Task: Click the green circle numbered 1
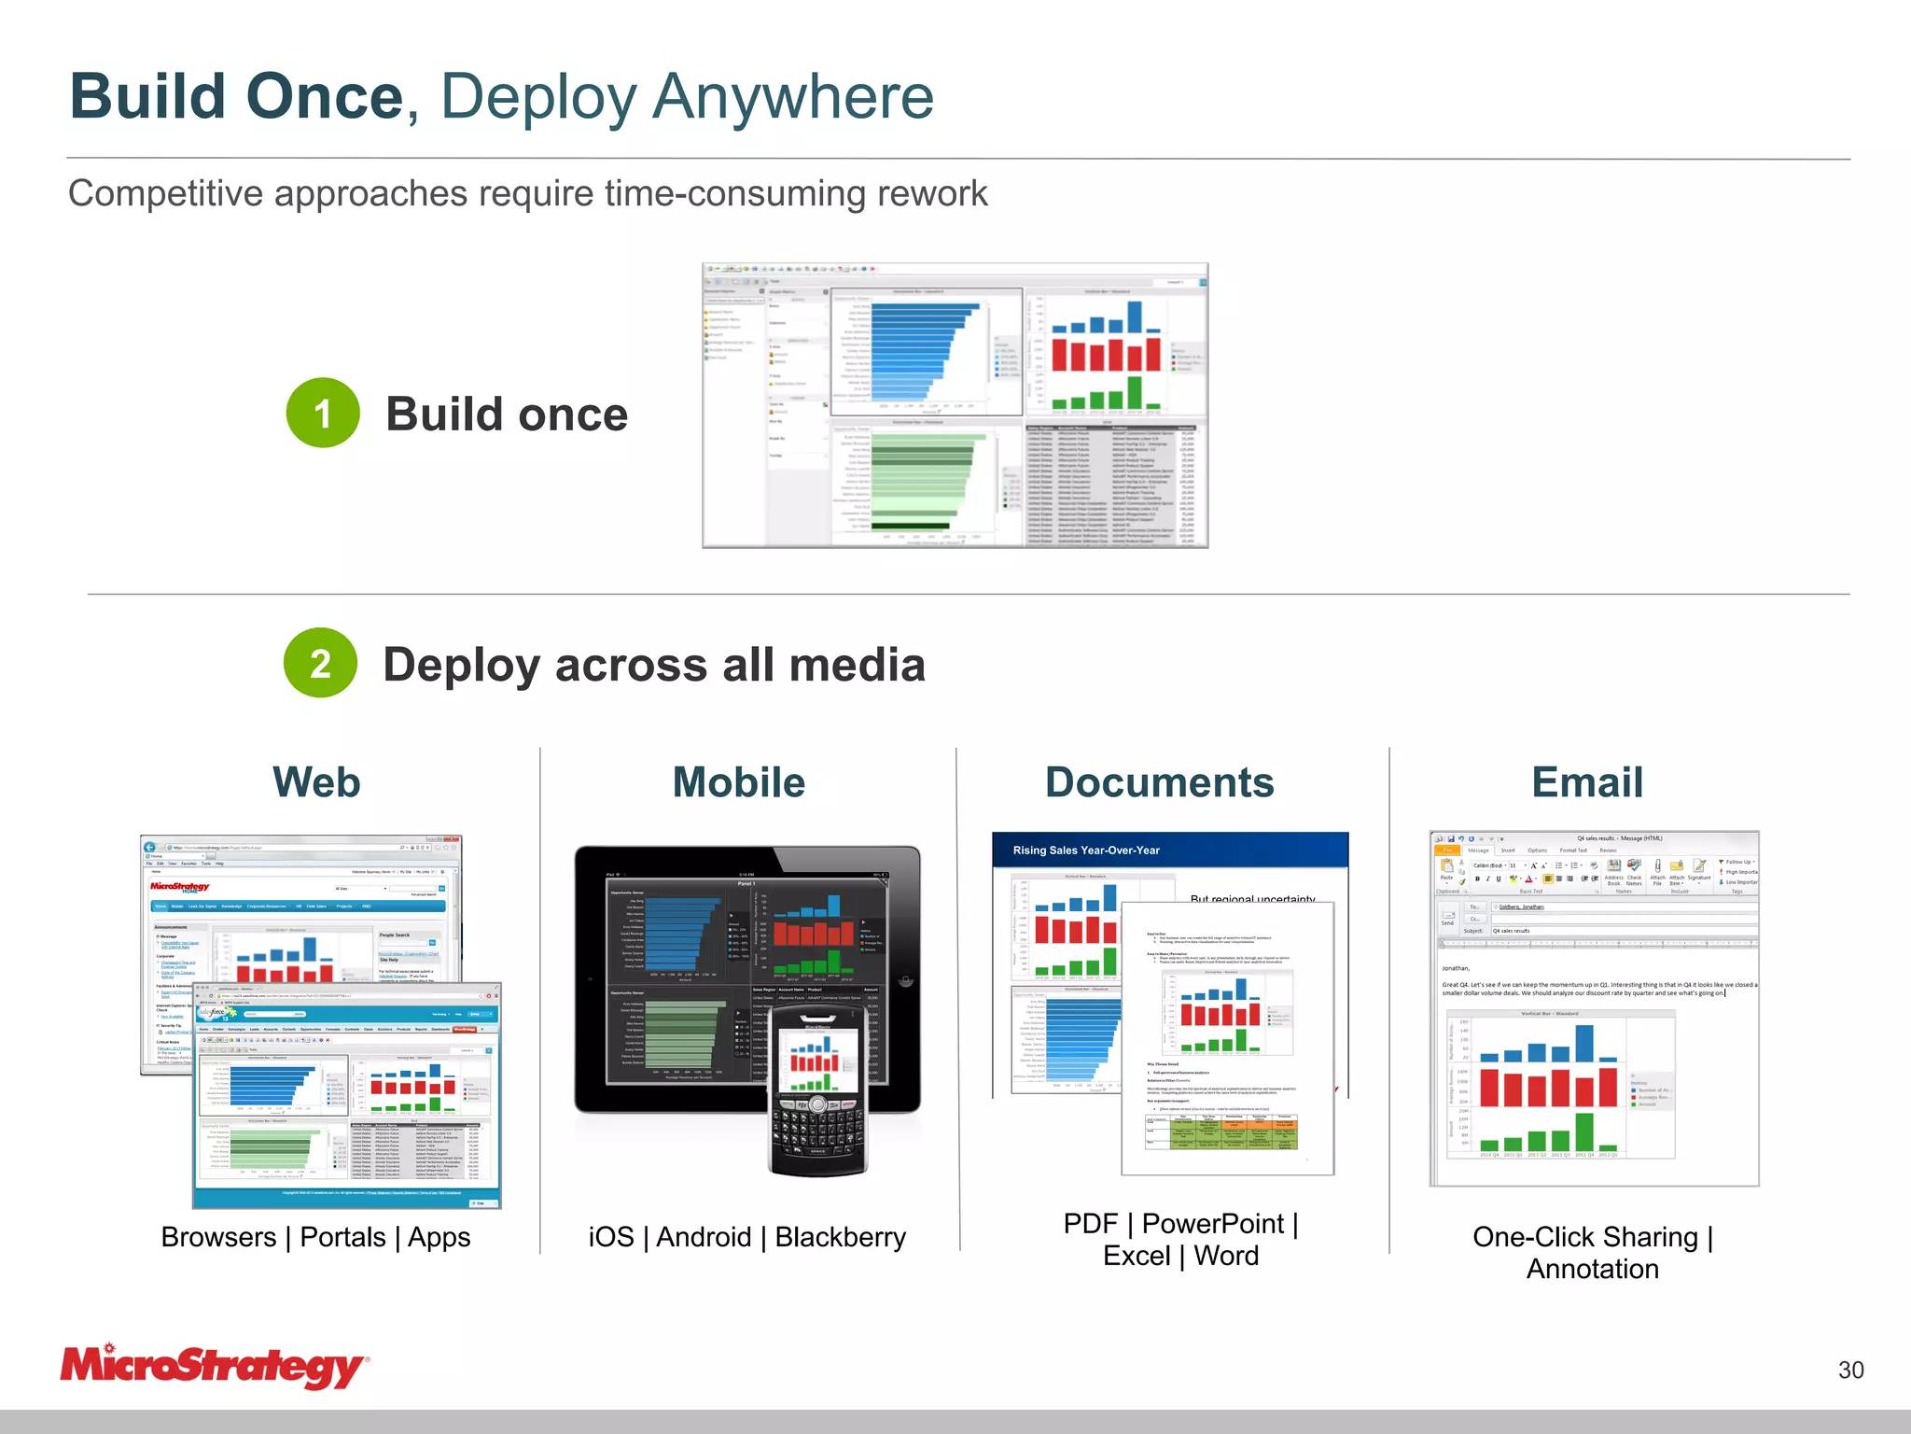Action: pos(323,413)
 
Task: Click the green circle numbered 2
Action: pos(320,663)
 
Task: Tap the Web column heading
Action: pos(316,782)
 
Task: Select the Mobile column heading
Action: pos(739,782)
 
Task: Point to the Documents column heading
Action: pos(1159,782)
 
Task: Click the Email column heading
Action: pos(1586,782)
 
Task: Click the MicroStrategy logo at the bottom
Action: pos(213,1367)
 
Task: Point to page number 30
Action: pos(1850,1370)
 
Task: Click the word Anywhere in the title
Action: pos(793,97)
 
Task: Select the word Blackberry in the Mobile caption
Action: pos(840,1237)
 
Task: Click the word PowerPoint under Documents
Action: pos(1213,1223)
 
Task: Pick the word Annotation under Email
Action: pos(1592,1270)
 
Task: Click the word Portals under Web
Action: pos(342,1237)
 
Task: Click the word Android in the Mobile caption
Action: pos(704,1237)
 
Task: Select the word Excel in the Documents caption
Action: pos(1136,1256)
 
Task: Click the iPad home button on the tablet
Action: pos(904,980)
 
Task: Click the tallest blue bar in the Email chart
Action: pos(1584,1043)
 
